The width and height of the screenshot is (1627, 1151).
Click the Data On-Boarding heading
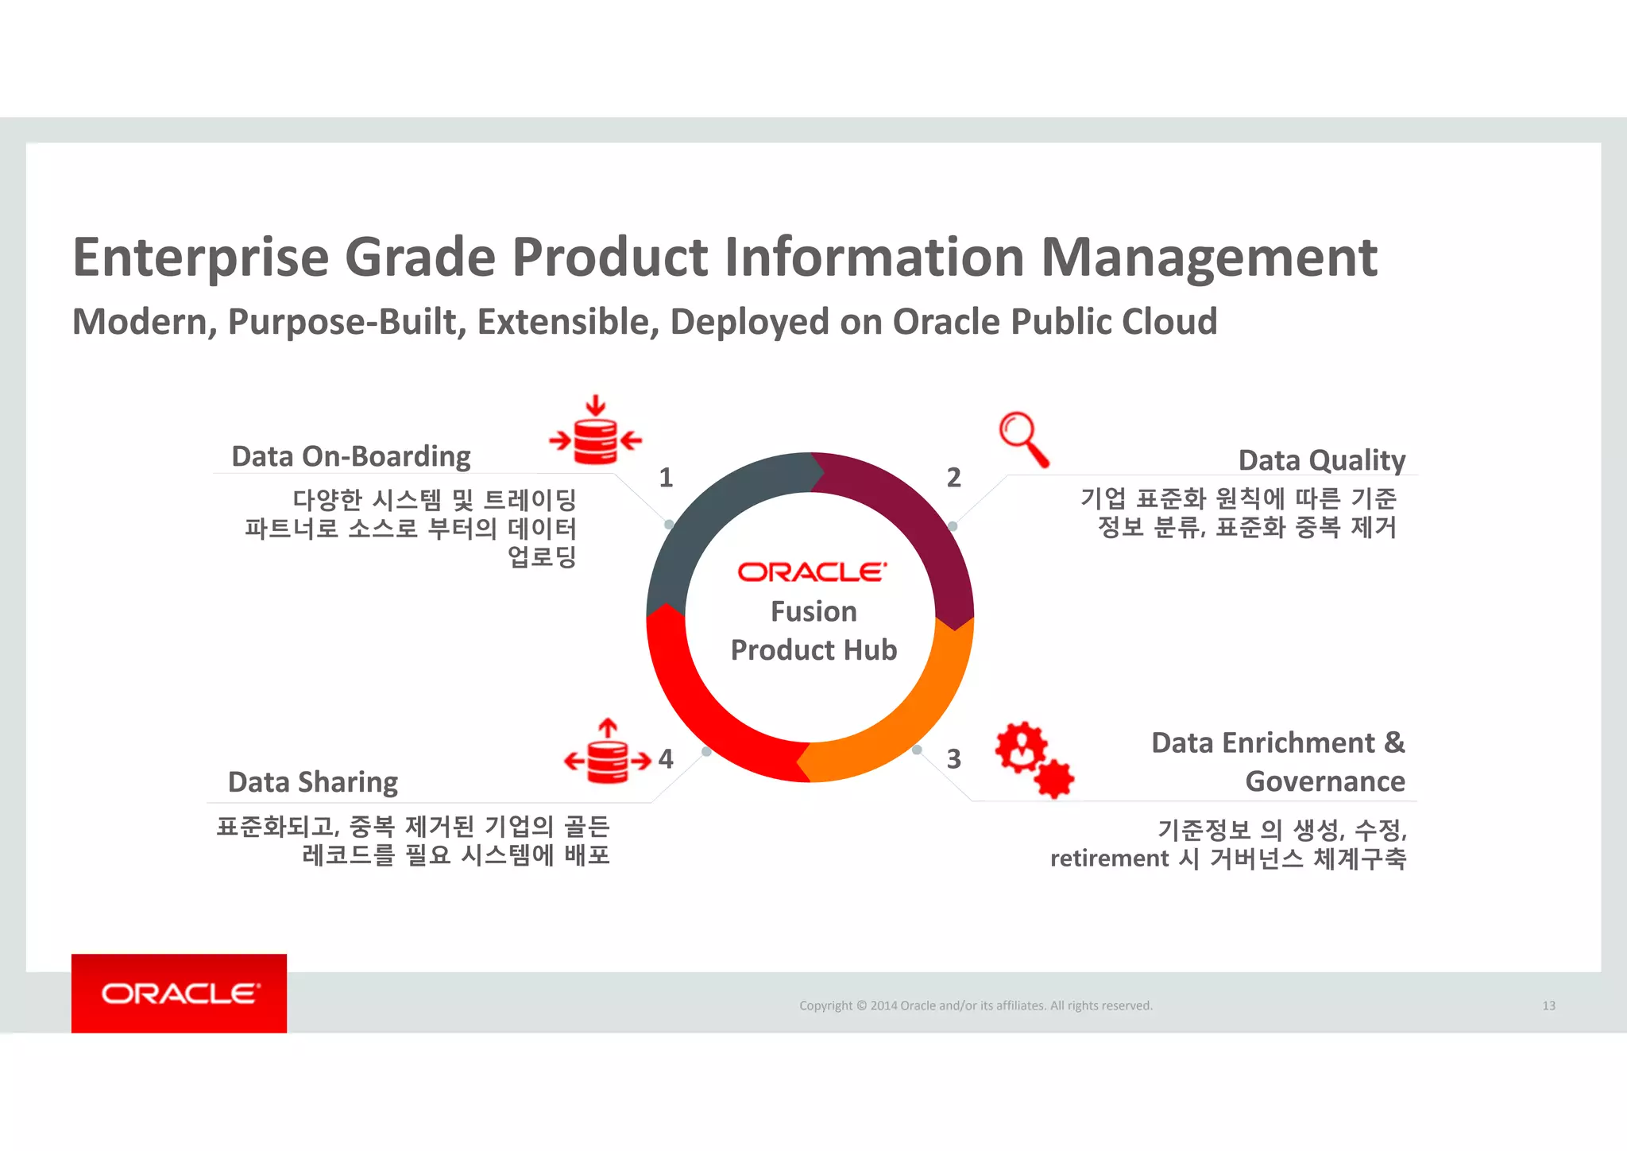350,457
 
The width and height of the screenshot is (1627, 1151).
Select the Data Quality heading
1321,460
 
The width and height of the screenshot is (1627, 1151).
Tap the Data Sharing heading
312,782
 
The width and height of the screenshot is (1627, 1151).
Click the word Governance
1324,781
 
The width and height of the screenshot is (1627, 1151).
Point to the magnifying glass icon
1022,438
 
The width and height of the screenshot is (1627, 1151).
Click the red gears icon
1034,759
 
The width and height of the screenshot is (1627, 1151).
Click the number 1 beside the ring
666,478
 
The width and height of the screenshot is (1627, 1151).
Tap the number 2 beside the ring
953,478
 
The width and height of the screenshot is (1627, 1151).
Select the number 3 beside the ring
953,759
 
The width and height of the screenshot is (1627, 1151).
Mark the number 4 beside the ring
666,759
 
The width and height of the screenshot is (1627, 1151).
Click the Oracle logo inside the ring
812,572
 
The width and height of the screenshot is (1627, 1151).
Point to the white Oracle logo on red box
180,994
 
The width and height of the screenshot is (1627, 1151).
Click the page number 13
1548,1006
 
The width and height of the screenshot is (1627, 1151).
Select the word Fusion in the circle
813,611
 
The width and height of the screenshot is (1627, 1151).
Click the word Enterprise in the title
200,258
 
